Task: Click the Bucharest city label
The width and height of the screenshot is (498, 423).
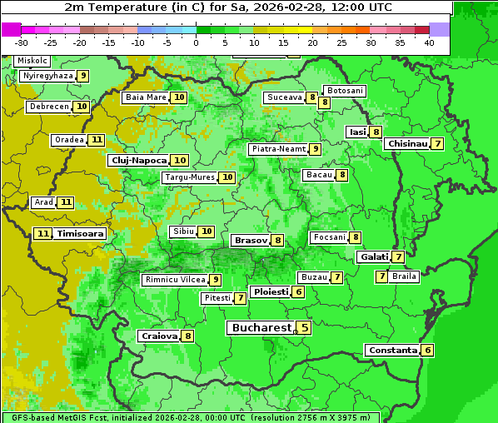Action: click(x=261, y=328)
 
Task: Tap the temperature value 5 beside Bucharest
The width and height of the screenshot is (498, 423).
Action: click(x=305, y=328)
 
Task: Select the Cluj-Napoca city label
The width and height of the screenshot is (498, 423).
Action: click(x=138, y=160)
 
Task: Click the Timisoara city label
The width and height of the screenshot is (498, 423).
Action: click(x=80, y=234)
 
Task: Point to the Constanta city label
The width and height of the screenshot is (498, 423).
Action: click(x=391, y=351)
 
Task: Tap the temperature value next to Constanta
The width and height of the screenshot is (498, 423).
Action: click(x=427, y=351)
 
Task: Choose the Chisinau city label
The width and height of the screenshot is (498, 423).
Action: click(x=407, y=143)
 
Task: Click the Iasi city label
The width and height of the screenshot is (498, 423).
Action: click(x=357, y=132)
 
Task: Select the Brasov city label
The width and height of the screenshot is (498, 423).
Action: click(x=250, y=240)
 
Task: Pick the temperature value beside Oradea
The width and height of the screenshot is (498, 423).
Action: click(x=97, y=140)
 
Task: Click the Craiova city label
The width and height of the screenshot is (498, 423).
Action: click(x=159, y=336)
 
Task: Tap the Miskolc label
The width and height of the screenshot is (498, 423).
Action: click(x=32, y=61)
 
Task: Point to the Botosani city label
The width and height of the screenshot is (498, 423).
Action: click(x=345, y=90)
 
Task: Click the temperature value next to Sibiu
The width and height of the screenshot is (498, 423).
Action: click(x=207, y=231)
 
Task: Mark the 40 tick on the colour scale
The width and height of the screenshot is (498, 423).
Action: click(x=428, y=42)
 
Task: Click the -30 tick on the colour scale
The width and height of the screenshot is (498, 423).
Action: click(x=22, y=42)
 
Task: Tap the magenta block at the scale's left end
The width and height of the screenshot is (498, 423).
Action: click(x=11, y=29)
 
